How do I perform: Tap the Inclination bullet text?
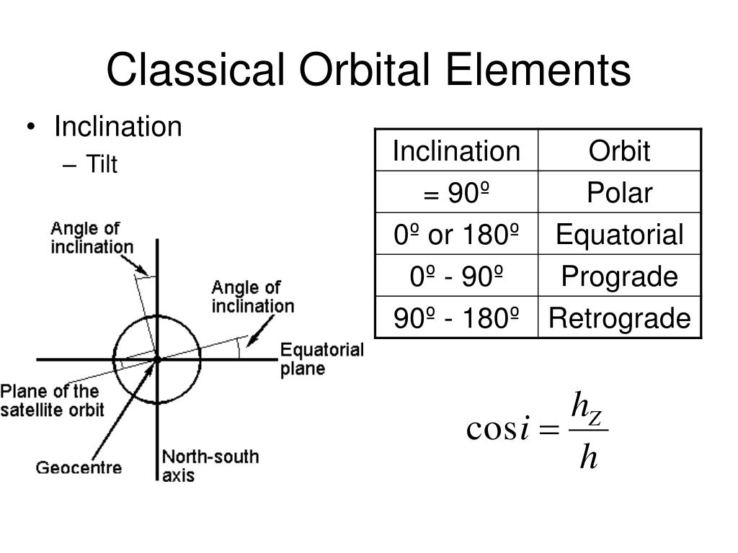pos(118,127)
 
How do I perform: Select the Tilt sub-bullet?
pos(102,165)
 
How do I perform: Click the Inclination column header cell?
pos(456,151)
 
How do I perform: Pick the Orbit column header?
pos(619,151)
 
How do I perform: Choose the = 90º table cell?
pos(456,193)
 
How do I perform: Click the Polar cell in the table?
pos(619,193)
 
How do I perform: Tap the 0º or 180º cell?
pos(456,235)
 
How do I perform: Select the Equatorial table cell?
pos(619,235)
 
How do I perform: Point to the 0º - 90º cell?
pos(456,276)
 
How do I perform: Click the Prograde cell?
pos(619,276)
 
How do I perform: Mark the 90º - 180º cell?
pos(456,318)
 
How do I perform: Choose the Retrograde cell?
pos(619,318)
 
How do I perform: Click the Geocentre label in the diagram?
pos(79,467)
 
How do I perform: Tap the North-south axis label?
pos(209,465)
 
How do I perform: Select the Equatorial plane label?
pos(321,359)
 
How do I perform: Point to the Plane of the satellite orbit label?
pos(52,401)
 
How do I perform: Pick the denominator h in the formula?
pos(589,456)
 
